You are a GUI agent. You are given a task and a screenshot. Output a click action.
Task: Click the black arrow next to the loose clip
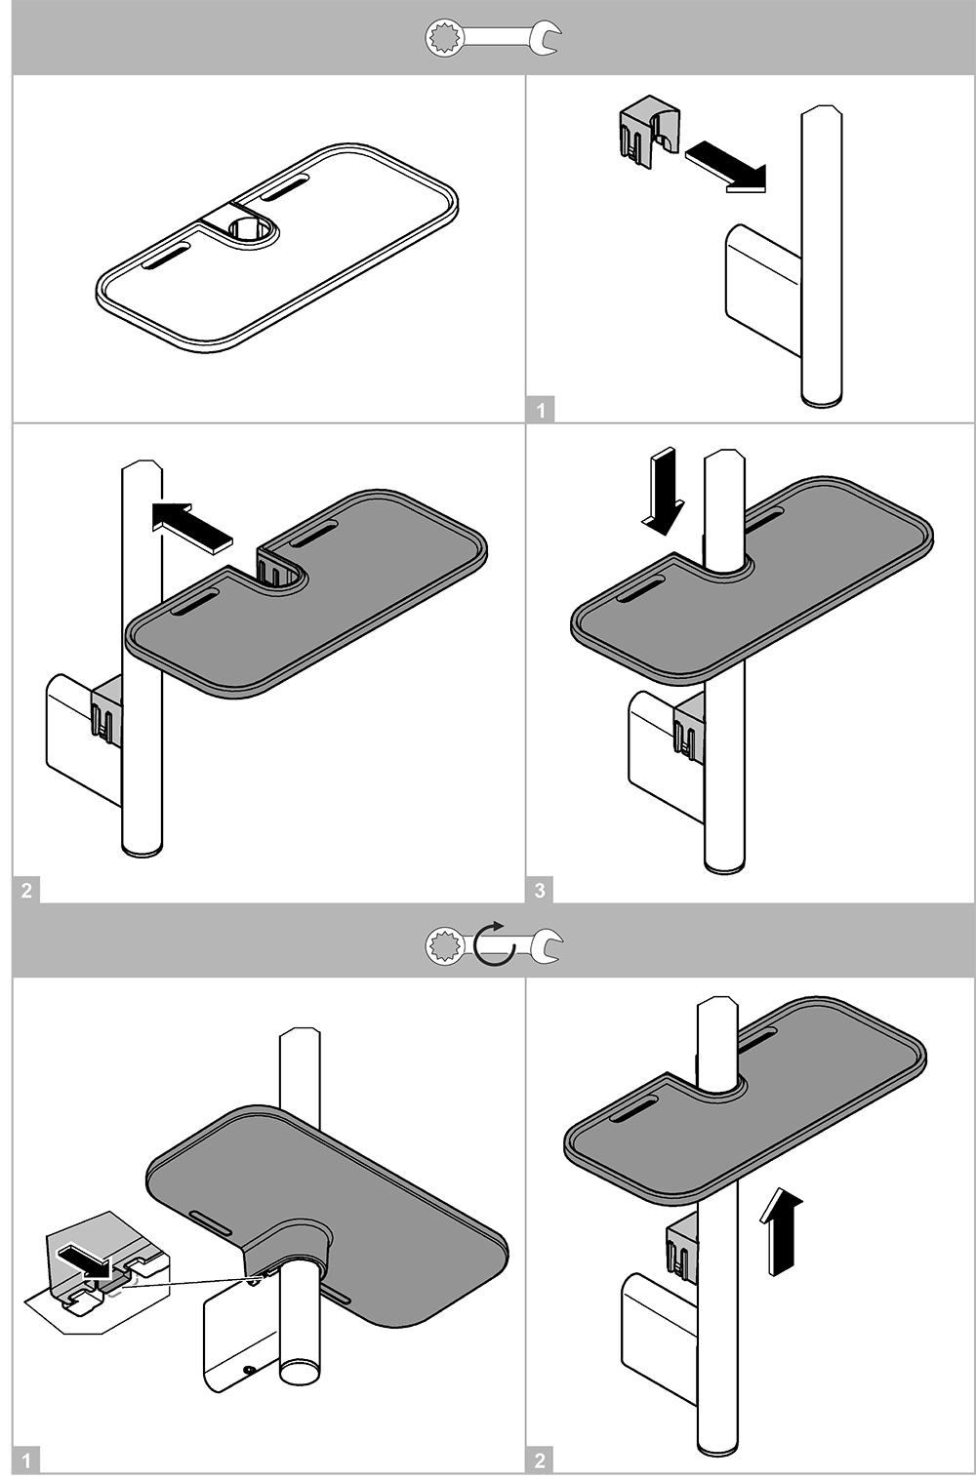coord(726,165)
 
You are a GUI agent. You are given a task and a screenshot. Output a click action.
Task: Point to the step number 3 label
coord(540,889)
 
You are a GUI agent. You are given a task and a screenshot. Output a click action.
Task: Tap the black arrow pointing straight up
coord(784,1231)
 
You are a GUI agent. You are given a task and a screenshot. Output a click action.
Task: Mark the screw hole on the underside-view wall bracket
coord(251,1369)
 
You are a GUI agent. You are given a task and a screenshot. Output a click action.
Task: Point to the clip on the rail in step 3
coord(689,728)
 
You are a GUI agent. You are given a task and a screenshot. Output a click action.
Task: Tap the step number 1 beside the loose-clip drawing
coord(541,411)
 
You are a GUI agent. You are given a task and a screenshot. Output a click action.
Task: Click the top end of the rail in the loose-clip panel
coord(821,111)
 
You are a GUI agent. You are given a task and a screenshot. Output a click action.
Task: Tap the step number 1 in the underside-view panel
coord(26,1460)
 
